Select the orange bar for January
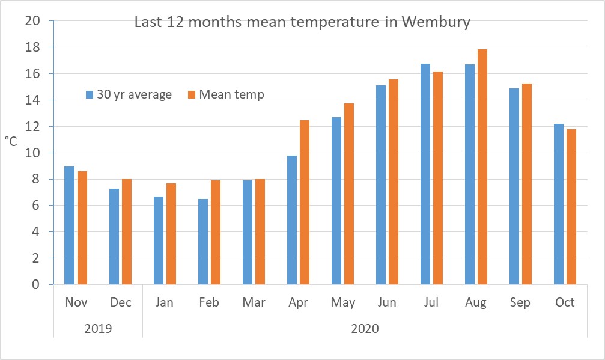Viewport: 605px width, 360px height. click(171, 234)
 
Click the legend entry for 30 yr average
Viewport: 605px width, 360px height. click(129, 94)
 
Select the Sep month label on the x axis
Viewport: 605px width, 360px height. click(520, 302)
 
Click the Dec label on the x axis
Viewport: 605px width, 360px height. click(121, 302)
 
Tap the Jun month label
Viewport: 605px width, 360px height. click(387, 302)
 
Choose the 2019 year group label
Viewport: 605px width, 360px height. click(98, 329)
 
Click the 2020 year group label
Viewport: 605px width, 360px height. click(365, 329)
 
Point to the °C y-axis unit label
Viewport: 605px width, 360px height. click(11, 141)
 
